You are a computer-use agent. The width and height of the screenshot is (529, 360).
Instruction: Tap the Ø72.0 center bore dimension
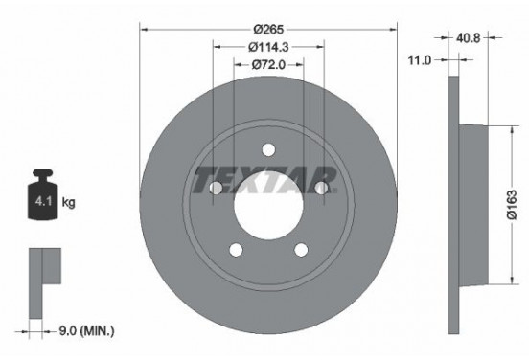pos(267,65)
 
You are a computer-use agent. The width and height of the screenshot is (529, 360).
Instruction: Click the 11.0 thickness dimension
pos(418,59)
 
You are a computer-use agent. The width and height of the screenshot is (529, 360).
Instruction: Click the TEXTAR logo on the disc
pos(265,179)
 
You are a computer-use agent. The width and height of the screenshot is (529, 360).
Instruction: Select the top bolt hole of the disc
pos(267,148)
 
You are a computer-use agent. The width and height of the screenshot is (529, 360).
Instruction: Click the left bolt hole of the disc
pos(215,189)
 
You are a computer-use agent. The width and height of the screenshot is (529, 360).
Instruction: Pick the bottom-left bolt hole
pos(235,250)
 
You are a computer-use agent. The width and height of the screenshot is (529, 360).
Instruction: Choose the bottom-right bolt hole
pos(300,250)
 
